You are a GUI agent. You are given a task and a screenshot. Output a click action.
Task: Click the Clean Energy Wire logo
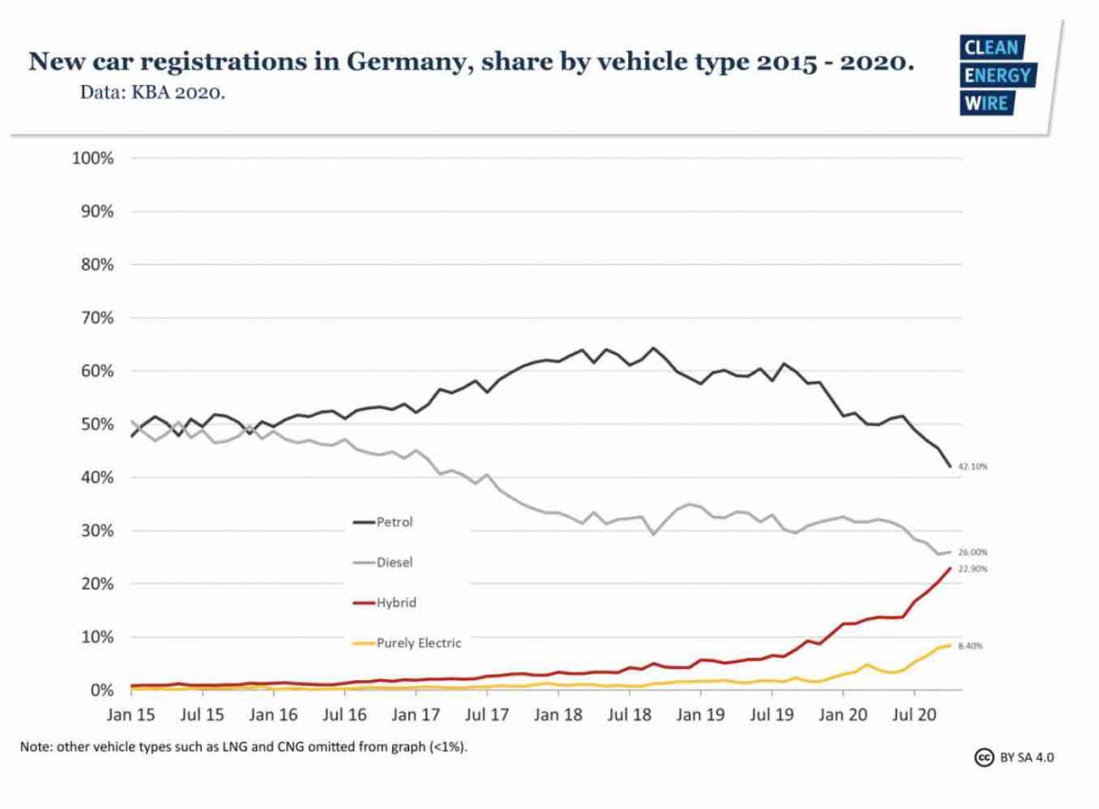[998, 76]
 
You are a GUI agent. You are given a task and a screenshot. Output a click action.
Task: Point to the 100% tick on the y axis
[93, 158]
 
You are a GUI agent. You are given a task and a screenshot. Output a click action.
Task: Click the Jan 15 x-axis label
[132, 714]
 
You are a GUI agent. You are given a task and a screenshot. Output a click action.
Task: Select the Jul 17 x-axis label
[487, 714]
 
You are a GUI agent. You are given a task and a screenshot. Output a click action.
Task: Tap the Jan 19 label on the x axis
[700, 714]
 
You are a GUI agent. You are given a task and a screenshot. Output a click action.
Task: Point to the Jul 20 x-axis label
[913, 714]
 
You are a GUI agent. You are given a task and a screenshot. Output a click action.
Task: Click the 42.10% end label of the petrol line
[973, 467]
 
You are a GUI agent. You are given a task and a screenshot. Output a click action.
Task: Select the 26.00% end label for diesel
[973, 552]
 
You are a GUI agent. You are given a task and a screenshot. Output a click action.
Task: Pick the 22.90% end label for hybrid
[973, 568]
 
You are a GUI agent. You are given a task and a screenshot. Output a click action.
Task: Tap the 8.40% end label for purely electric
[971, 646]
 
